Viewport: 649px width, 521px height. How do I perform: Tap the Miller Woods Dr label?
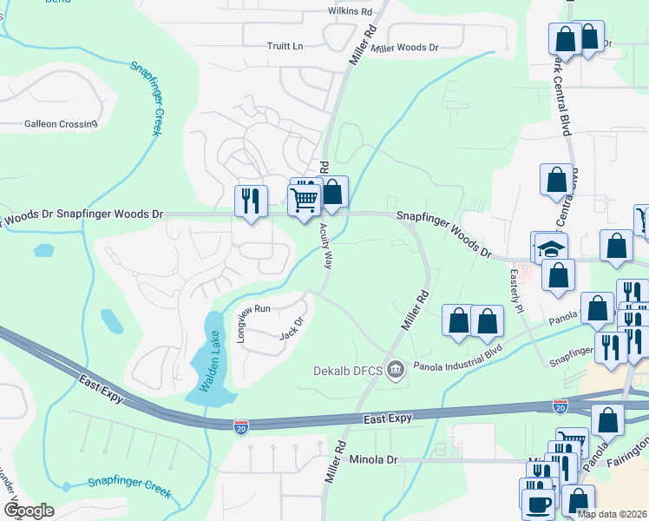click(x=404, y=48)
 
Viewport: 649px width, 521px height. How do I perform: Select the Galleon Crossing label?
click(x=61, y=124)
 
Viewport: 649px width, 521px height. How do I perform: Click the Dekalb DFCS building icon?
click(x=396, y=371)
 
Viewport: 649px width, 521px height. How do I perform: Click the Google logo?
click(x=28, y=510)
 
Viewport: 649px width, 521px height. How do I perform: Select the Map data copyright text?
click(x=612, y=514)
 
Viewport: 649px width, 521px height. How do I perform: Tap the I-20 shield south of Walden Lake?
click(x=240, y=426)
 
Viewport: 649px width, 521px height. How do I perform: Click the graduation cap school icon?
click(x=550, y=247)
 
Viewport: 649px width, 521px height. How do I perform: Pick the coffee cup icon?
click(x=536, y=503)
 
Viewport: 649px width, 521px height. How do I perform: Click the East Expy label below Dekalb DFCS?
click(x=389, y=419)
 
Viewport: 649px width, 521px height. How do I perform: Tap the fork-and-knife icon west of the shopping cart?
click(x=250, y=201)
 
